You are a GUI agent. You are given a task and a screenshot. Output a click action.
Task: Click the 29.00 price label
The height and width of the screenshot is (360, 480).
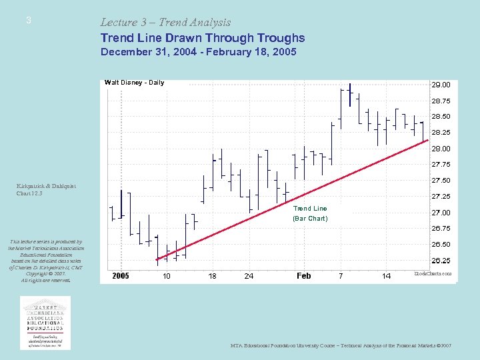441,85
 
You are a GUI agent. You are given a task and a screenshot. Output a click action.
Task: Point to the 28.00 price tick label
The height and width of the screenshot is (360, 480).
441,149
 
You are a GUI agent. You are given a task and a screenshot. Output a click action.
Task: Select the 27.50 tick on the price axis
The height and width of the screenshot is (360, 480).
441,181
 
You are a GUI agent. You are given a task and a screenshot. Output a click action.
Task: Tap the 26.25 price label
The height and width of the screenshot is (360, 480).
441,261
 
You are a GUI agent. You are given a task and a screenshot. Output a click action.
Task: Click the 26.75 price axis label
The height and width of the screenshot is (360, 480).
441,229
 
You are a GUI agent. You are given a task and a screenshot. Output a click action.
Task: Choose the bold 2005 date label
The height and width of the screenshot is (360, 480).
121,276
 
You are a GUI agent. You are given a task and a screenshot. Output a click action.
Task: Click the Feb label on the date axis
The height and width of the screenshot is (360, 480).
303,276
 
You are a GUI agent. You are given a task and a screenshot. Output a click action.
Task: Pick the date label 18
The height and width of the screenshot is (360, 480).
212,276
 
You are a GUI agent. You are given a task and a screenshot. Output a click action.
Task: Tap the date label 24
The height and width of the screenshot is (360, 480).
249,276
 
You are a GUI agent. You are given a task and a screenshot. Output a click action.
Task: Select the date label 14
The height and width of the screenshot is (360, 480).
386,276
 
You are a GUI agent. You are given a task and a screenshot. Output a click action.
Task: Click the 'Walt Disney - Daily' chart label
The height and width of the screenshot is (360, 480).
134,83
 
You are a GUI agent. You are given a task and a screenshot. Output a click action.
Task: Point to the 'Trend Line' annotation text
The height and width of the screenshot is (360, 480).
310,209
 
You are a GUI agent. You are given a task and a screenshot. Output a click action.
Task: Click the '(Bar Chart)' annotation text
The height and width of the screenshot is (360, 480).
310,218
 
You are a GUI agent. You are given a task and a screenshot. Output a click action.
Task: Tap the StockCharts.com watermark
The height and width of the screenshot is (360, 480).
433,273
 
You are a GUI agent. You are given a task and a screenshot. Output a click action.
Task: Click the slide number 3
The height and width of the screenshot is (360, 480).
28,21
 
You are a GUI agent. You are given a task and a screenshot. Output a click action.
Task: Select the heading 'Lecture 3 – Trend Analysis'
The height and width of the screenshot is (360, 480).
165,23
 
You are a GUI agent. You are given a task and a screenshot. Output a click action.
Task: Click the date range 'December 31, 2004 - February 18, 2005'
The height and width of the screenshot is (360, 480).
198,52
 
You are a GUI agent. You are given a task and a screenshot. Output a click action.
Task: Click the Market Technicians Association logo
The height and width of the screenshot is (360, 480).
46,323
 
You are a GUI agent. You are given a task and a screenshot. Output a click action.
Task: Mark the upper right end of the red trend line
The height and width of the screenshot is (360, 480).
427,140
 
